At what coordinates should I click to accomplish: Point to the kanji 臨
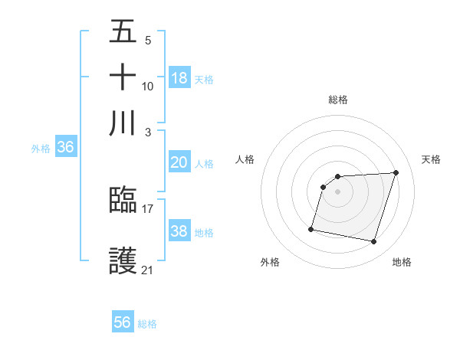123,201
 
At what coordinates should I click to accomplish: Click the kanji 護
123,261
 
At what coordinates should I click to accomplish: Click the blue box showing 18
179,78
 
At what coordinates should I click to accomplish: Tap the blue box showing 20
179,162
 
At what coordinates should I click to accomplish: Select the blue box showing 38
179,231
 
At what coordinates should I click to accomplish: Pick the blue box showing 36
65,148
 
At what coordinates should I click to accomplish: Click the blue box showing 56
123,322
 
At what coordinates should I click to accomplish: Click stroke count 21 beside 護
148,270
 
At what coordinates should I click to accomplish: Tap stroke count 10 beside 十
148,86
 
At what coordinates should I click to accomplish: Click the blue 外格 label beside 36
40,149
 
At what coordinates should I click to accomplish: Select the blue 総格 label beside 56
147,324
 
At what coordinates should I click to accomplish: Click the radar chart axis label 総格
337,100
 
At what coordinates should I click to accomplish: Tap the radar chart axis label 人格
245,159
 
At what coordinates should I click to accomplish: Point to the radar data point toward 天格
396,172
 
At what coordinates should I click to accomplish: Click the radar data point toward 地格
374,242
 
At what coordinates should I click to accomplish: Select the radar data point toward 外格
311,228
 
